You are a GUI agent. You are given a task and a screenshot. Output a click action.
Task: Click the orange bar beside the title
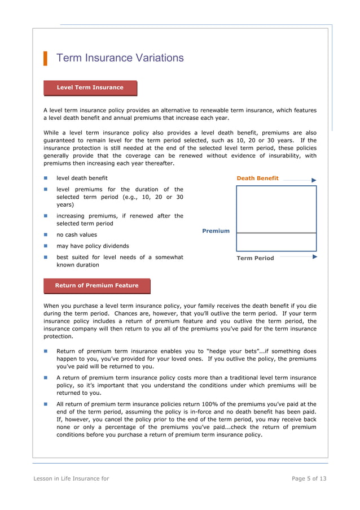45,58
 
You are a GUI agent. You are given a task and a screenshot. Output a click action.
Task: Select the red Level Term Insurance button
90,88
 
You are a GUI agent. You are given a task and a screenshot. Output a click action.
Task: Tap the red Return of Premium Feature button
96,286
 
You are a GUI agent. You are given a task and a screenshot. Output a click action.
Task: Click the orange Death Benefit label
257,178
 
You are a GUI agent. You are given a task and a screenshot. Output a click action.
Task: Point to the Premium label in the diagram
216,231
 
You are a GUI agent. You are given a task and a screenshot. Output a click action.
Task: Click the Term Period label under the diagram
255,258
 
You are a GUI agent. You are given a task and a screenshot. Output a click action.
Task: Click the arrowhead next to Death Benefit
314,180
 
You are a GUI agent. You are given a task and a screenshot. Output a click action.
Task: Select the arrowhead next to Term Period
314,256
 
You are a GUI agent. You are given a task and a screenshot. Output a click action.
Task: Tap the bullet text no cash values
76,235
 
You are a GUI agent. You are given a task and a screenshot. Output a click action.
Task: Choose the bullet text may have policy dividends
93,246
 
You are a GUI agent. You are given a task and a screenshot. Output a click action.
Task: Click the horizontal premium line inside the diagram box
276,233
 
